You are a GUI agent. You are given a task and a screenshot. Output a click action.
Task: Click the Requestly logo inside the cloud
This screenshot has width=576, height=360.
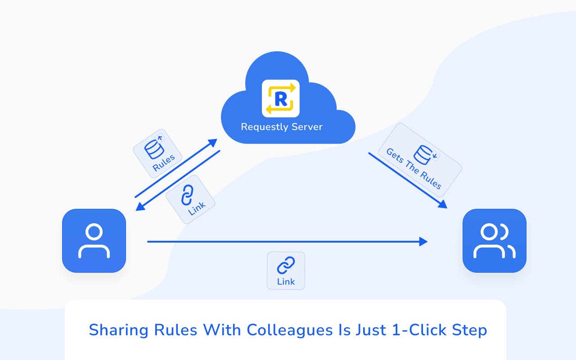(280, 98)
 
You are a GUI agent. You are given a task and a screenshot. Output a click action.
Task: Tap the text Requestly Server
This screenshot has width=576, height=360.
(282, 127)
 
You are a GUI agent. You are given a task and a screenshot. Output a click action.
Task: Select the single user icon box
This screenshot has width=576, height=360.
(94, 241)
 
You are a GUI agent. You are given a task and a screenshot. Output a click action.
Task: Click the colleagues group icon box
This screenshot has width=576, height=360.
(494, 241)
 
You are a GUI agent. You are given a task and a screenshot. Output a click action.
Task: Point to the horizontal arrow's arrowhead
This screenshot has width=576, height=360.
(423, 242)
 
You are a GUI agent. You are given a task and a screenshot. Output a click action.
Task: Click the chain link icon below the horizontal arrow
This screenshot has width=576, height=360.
(286, 265)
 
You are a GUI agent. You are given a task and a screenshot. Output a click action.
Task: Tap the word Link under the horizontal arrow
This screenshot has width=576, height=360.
(286, 282)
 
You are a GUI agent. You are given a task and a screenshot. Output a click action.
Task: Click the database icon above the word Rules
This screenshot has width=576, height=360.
(154, 149)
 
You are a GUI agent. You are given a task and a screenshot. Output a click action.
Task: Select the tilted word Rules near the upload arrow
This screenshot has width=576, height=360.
(163, 163)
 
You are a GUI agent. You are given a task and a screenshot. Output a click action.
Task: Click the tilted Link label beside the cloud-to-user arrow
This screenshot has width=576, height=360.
(197, 208)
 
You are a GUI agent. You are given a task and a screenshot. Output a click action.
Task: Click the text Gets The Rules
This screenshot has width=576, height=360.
(414, 169)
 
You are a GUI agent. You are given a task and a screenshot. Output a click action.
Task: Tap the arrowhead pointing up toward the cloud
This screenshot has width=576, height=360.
(213, 143)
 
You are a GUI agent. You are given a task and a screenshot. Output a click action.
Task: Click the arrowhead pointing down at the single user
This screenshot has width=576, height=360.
(140, 206)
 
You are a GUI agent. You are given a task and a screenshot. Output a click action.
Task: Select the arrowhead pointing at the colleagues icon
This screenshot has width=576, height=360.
(442, 204)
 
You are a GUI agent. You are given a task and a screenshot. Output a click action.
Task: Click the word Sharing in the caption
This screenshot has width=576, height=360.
(118, 330)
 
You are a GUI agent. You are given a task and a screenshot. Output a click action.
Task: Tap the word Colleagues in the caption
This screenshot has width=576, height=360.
(289, 330)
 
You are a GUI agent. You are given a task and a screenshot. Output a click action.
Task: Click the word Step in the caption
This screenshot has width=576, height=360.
(469, 330)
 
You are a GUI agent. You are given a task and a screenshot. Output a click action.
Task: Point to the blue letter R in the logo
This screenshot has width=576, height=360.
(281, 99)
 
